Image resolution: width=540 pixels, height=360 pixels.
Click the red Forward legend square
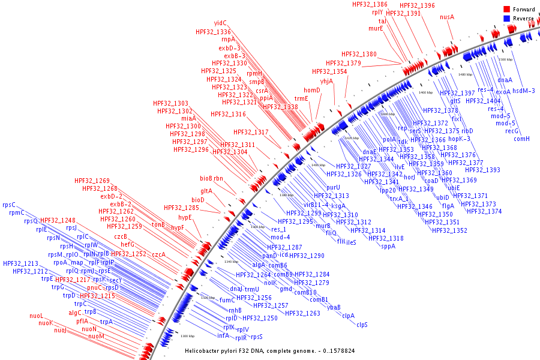click(x=506, y=10)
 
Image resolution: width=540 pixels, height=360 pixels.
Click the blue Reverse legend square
click(x=506, y=19)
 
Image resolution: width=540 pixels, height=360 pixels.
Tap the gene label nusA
click(x=447, y=17)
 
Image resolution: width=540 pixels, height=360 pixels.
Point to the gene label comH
click(x=521, y=139)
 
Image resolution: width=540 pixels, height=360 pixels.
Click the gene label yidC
click(x=221, y=23)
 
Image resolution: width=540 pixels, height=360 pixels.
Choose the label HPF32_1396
click(x=417, y=5)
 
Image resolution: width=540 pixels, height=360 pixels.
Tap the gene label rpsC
click(x=10, y=205)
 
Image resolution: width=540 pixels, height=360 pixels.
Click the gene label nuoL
click(x=37, y=316)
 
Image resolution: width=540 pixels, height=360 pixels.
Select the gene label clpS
click(x=362, y=325)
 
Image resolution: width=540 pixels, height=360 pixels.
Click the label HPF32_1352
click(x=450, y=230)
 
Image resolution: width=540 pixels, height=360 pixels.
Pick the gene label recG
click(x=512, y=131)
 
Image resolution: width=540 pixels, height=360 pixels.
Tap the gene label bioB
click(x=206, y=178)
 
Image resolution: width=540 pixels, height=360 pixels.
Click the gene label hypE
click(x=185, y=217)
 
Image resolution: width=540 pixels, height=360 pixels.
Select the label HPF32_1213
click(x=20, y=263)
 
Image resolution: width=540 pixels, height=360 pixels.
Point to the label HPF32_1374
click(x=484, y=211)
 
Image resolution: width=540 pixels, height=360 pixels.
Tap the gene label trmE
click(x=301, y=98)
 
